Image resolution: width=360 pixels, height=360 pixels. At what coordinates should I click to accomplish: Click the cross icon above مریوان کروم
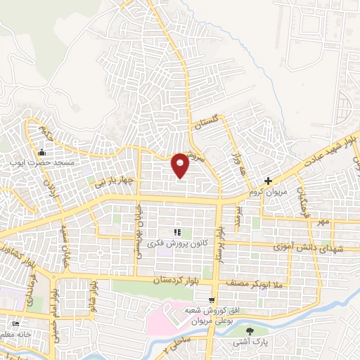pyautogui.click(x=268, y=181)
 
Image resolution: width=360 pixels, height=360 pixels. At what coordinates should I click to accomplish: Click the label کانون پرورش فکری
pyautogui.click(x=176, y=243)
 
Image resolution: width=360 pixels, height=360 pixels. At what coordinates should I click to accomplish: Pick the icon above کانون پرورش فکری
pyautogui.click(x=177, y=232)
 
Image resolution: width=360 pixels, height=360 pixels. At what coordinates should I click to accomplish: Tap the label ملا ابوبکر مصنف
pyautogui.click(x=255, y=283)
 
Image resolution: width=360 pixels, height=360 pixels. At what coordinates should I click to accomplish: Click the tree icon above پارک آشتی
pyautogui.click(x=248, y=330)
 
